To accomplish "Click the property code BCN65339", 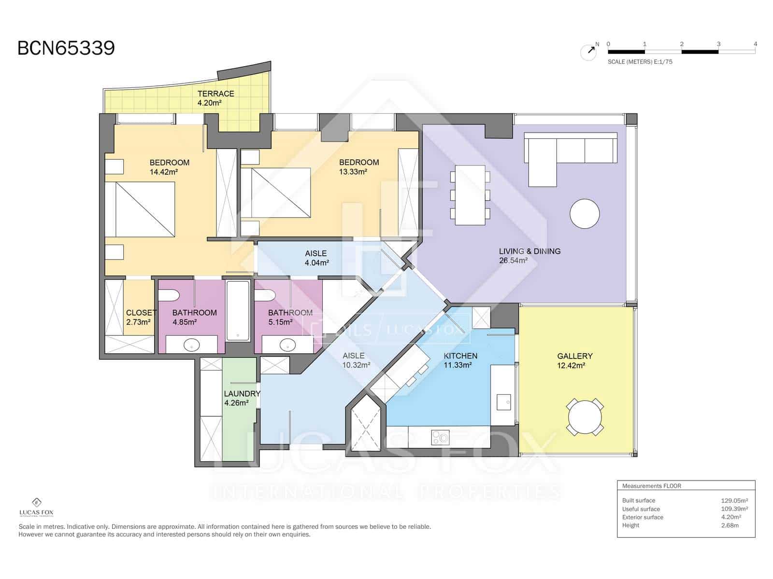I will pyautogui.click(x=66, y=48).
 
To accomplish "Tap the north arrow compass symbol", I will pyautogui.click(x=588, y=52).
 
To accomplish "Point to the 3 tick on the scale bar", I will pyautogui.click(x=718, y=44).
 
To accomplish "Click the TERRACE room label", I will pyautogui.click(x=215, y=94).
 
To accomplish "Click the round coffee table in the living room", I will pyautogui.click(x=585, y=214).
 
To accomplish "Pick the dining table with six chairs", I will pyautogui.click(x=470, y=195).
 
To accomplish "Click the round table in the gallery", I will pyautogui.click(x=585, y=417).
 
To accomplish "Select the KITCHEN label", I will pyautogui.click(x=460, y=356).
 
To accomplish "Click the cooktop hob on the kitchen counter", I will pyautogui.click(x=440, y=438).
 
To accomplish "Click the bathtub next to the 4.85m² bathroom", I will pyautogui.click(x=238, y=310).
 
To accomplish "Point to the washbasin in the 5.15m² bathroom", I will pyautogui.click(x=288, y=345).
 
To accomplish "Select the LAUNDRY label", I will pyautogui.click(x=242, y=394).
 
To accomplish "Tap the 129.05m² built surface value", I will pyautogui.click(x=734, y=500).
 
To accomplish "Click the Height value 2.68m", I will pyautogui.click(x=730, y=525).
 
